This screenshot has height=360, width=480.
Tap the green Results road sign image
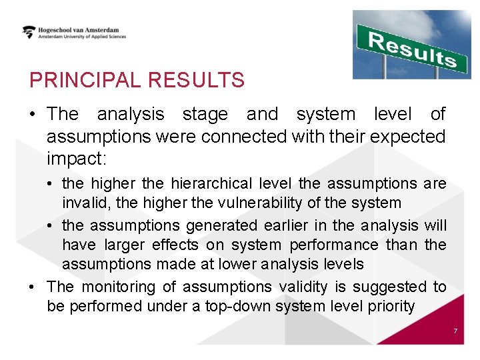click(411, 44)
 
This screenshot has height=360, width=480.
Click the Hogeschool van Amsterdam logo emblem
click(29, 32)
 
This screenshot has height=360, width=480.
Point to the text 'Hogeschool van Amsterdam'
click(82, 29)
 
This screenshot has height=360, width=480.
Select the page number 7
click(455, 331)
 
